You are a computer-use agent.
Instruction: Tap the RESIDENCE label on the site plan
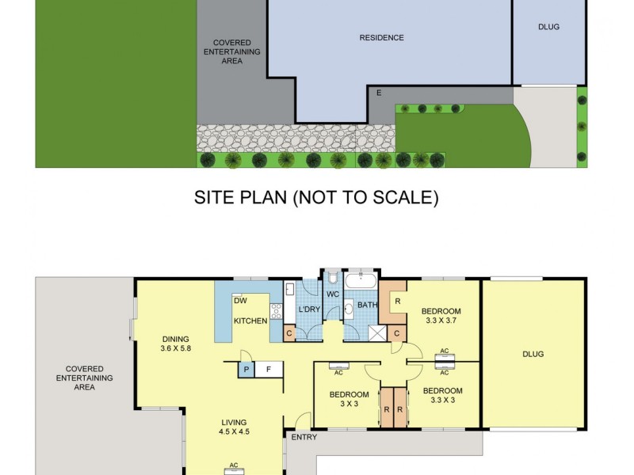(x=381, y=38)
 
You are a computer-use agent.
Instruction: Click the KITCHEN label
(x=250, y=320)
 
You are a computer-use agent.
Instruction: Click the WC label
(x=332, y=295)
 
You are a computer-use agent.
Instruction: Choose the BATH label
(x=367, y=305)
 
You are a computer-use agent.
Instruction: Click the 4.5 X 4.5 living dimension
(x=234, y=432)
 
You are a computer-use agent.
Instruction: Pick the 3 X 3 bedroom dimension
(x=349, y=404)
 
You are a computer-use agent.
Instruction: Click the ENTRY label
(x=304, y=437)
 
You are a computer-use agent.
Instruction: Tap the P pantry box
(x=246, y=369)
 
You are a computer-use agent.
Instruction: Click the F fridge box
(x=269, y=369)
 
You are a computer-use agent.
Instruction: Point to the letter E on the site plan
(x=379, y=93)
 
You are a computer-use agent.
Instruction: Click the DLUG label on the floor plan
(x=534, y=354)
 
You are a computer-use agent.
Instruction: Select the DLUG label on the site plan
(x=548, y=27)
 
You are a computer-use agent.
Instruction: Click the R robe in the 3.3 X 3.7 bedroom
(x=397, y=302)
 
